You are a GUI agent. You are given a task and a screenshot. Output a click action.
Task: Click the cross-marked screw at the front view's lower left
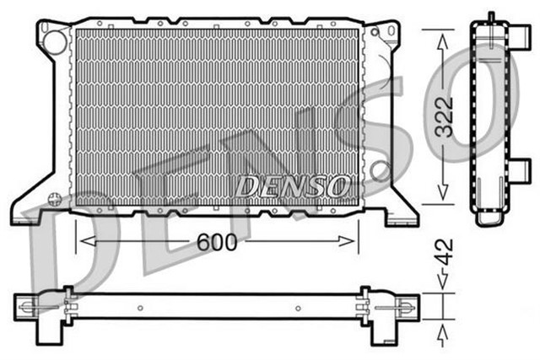(x=55, y=200)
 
